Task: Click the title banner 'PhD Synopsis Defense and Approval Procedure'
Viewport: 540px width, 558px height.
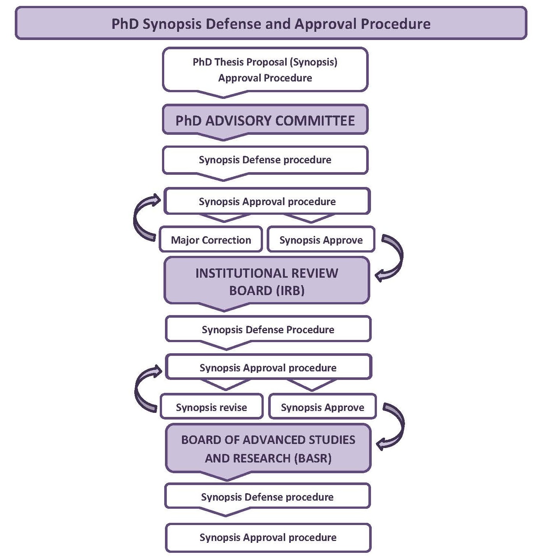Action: [x=271, y=24]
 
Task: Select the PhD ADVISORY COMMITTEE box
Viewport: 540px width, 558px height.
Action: [x=265, y=121]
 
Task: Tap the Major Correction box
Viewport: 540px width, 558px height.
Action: [x=211, y=240]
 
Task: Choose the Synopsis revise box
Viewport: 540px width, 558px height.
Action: [x=212, y=407]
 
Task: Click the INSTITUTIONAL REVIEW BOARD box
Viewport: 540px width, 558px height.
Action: [x=267, y=281]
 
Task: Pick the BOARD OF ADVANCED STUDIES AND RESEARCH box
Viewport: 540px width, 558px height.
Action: [x=268, y=449]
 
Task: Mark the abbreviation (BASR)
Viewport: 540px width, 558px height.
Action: [x=313, y=458]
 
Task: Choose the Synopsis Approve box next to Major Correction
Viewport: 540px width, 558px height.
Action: [x=321, y=240]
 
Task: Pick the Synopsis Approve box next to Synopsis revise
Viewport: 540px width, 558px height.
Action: [x=323, y=407]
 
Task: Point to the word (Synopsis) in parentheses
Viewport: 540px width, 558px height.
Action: [x=314, y=62]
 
